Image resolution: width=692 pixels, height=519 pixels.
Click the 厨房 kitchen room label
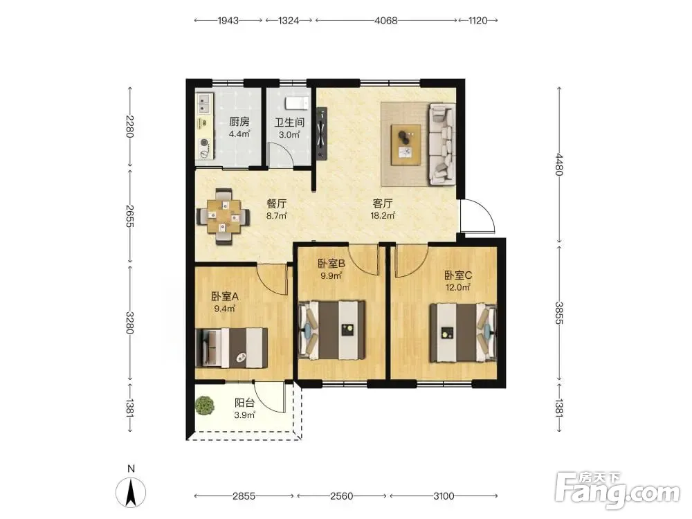pyautogui.click(x=239, y=121)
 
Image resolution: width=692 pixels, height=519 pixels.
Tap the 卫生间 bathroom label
pyautogui.click(x=289, y=122)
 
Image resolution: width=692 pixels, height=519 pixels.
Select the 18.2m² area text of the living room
pyautogui.click(x=383, y=215)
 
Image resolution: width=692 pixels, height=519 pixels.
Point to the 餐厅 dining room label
pyautogui.click(x=277, y=203)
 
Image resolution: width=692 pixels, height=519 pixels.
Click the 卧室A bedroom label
pyautogui.click(x=225, y=296)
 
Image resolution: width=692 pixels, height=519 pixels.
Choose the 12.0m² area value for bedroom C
pyautogui.click(x=457, y=287)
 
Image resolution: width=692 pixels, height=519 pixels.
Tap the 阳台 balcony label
pyautogui.click(x=244, y=403)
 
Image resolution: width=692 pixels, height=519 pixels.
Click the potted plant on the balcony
pyautogui.click(x=205, y=405)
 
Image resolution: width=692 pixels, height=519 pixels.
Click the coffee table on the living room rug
pyautogui.click(x=406, y=145)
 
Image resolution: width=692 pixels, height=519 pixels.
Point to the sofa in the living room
pyautogui.click(x=441, y=144)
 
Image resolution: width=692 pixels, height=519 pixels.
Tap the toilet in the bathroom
pyautogui.click(x=298, y=103)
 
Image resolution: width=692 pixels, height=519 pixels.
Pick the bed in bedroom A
pyautogui.click(x=232, y=347)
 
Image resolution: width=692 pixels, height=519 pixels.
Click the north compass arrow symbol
pyautogui.click(x=131, y=493)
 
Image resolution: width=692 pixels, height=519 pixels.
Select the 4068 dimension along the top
pyautogui.click(x=386, y=20)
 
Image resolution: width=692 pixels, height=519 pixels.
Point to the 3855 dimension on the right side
pyautogui.click(x=559, y=313)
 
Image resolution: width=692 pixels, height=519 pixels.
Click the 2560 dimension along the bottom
pyautogui.click(x=342, y=496)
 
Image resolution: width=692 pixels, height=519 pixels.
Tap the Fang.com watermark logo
pyautogui.click(x=617, y=491)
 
